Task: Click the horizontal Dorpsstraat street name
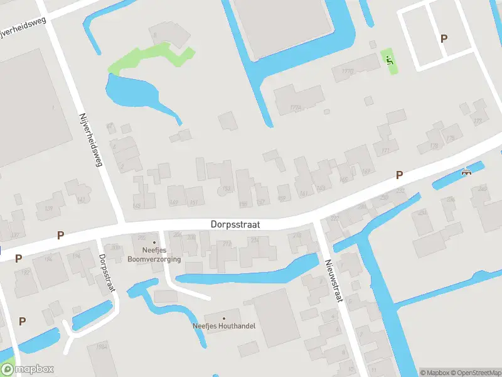pos(235,224)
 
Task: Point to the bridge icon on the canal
pos(466,172)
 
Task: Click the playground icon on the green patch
pos(389,60)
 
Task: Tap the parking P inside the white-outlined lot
pos(444,38)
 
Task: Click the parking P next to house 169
pos(398,175)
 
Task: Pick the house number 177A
pos(296,108)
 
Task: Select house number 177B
pos(347,72)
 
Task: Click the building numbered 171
pos(385,151)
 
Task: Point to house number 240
pos(482,188)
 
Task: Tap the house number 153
pos(227,188)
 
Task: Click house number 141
pos(81,200)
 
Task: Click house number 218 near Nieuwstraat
pos(297,236)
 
